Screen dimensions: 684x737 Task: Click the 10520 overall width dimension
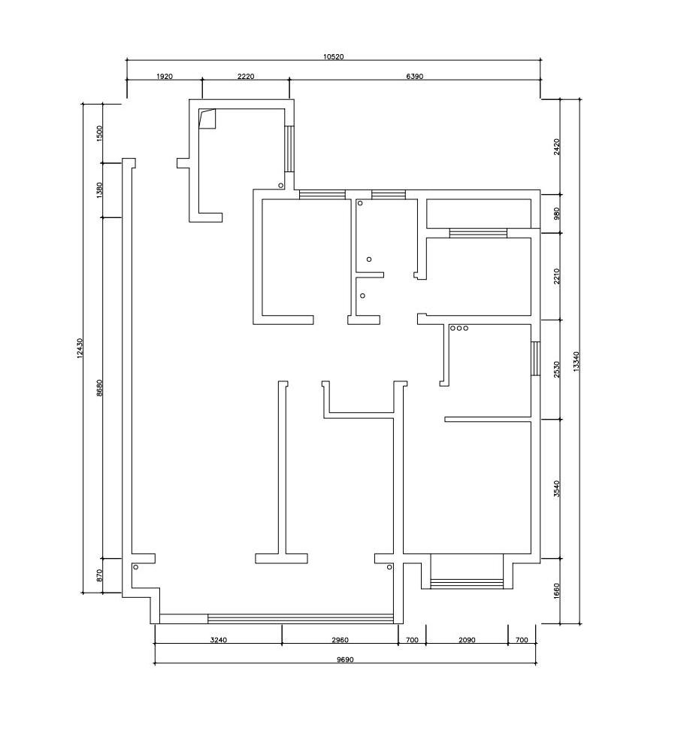(x=334, y=57)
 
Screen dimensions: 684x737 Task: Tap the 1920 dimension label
(x=165, y=76)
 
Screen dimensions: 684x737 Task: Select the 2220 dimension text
(x=246, y=76)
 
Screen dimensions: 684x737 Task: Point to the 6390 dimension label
(x=415, y=76)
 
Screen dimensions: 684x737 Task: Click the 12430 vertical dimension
(x=80, y=348)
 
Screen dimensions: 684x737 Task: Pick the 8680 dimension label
(x=98, y=388)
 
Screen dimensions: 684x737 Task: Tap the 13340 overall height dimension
(x=577, y=362)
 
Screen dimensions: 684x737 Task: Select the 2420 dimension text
(x=557, y=147)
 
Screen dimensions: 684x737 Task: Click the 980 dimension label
(x=557, y=214)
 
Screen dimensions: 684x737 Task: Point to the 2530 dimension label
(x=557, y=369)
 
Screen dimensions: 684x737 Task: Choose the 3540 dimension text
(x=557, y=488)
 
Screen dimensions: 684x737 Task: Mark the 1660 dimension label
(x=557, y=591)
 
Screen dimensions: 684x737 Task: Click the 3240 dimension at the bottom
(x=219, y=640)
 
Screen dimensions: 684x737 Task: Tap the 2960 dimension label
(x=340, y=640)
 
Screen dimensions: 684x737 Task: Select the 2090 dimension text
(x=467, y=640)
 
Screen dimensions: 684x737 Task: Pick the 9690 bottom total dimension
(x=345, y=660)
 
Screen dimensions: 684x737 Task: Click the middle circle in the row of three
(x=459, y=328)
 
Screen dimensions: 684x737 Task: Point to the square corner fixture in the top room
(x=207, y=119)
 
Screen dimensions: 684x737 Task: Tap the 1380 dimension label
(x=98, y=190)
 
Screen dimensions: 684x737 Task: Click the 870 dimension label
(x=98, y=576)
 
